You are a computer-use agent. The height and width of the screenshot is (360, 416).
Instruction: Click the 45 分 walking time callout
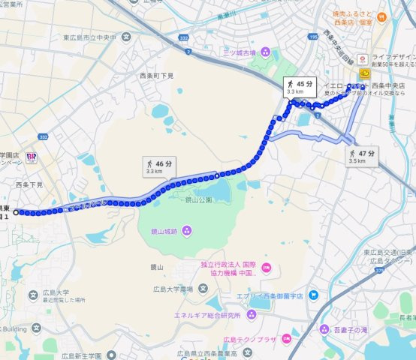tap(299, 87)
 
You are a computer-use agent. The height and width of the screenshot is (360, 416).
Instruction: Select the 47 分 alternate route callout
tap(361, 156)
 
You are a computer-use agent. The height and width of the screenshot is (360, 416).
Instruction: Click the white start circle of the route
tap(15, 212)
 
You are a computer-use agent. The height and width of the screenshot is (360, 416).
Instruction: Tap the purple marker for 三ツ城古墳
tap(262, 52)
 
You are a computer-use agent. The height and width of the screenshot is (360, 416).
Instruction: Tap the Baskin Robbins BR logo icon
tap(32, 156)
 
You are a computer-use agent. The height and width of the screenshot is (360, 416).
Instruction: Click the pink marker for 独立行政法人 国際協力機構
tap(267, 268)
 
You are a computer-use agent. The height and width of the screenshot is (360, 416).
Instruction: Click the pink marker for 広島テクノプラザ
tap(287, 338)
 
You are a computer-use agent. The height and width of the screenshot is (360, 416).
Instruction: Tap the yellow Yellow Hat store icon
tap(365, 73)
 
